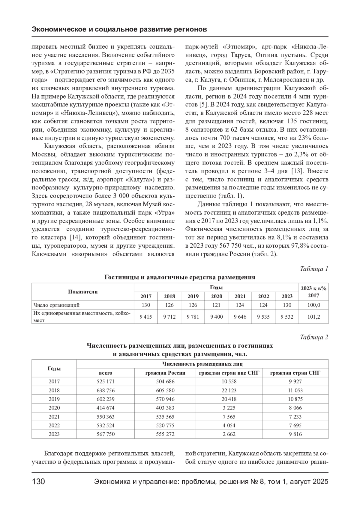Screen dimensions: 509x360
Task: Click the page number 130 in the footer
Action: [38, 482]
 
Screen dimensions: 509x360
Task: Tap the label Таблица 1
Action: [314, 269]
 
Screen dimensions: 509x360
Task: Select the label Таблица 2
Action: [314, 337]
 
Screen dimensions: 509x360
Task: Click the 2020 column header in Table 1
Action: [216, 296]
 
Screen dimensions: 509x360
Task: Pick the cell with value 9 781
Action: [193, 317]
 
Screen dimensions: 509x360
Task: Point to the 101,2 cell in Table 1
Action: [314, 317]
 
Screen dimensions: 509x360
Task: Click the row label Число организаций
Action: [56, 305]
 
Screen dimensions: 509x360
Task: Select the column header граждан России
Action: [165, 373]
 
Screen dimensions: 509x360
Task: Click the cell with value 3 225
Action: [229, 408]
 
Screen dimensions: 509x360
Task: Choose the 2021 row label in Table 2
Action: [54, 417]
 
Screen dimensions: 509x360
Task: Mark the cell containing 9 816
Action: [295, 434]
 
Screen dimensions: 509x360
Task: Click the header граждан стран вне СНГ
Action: [229, 373]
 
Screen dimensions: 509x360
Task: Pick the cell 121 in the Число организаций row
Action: [216, 305]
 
